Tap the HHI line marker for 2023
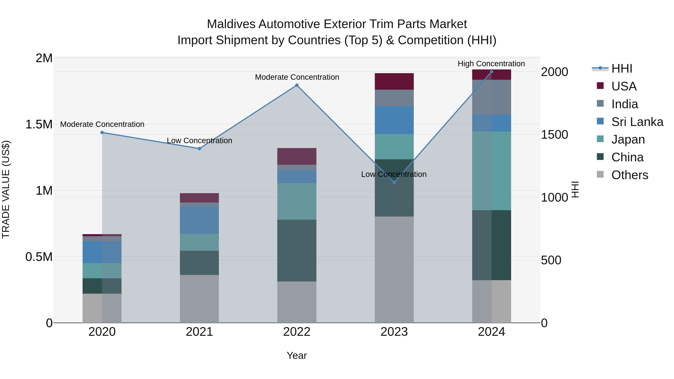pyautogui.click(x=394, y=182)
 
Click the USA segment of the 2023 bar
pyautogui.click(x=394, y=81)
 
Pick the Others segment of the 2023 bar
pyautogui.click(x=394, y=269)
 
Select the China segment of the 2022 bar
pyautogui.click(x=297, y=251)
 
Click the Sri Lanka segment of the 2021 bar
pyautogui.click(x=199, y=220)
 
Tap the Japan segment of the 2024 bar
pyautogui.click(x=491, y=171)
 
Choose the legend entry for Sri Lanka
pyautogui.click(x=637, y=122)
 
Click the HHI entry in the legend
pyautogui.click(x=621, y=69)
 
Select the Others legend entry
pyautogui.click(x=629, y=175)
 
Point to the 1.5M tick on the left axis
pyautogui.click(x=39, y=124)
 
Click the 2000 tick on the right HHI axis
pyautogui.click(x=554, y=72)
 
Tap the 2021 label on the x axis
pyautogui.click(x=199, y=332)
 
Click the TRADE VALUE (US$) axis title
pyautogui.click(x=6, y=189)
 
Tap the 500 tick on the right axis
pyautogui.click(x=551, y=260)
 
